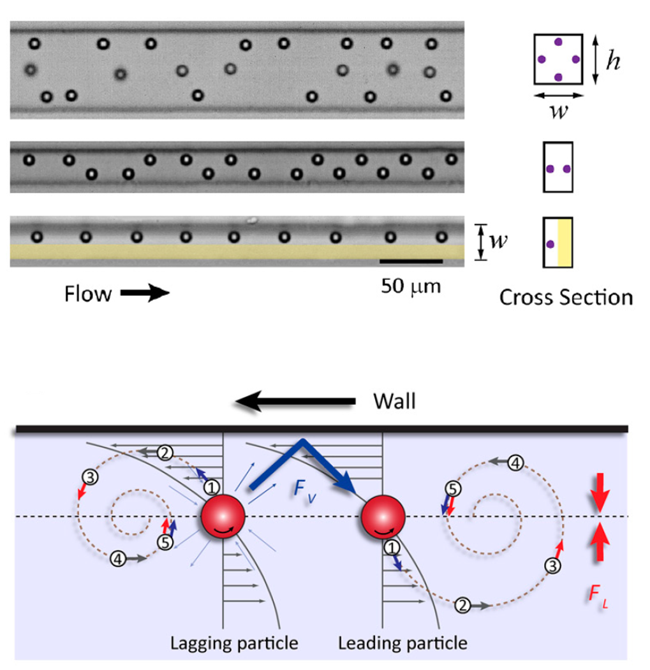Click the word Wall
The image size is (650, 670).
(x=394, y=401)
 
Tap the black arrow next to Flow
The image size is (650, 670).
(x=145, y=293)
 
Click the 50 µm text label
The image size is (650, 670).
(x=411, y=286)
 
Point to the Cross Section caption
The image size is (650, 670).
(x=566, y=297)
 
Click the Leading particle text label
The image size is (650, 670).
(x=403, y=641)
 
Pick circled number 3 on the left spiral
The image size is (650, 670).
(x=89, y=477)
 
